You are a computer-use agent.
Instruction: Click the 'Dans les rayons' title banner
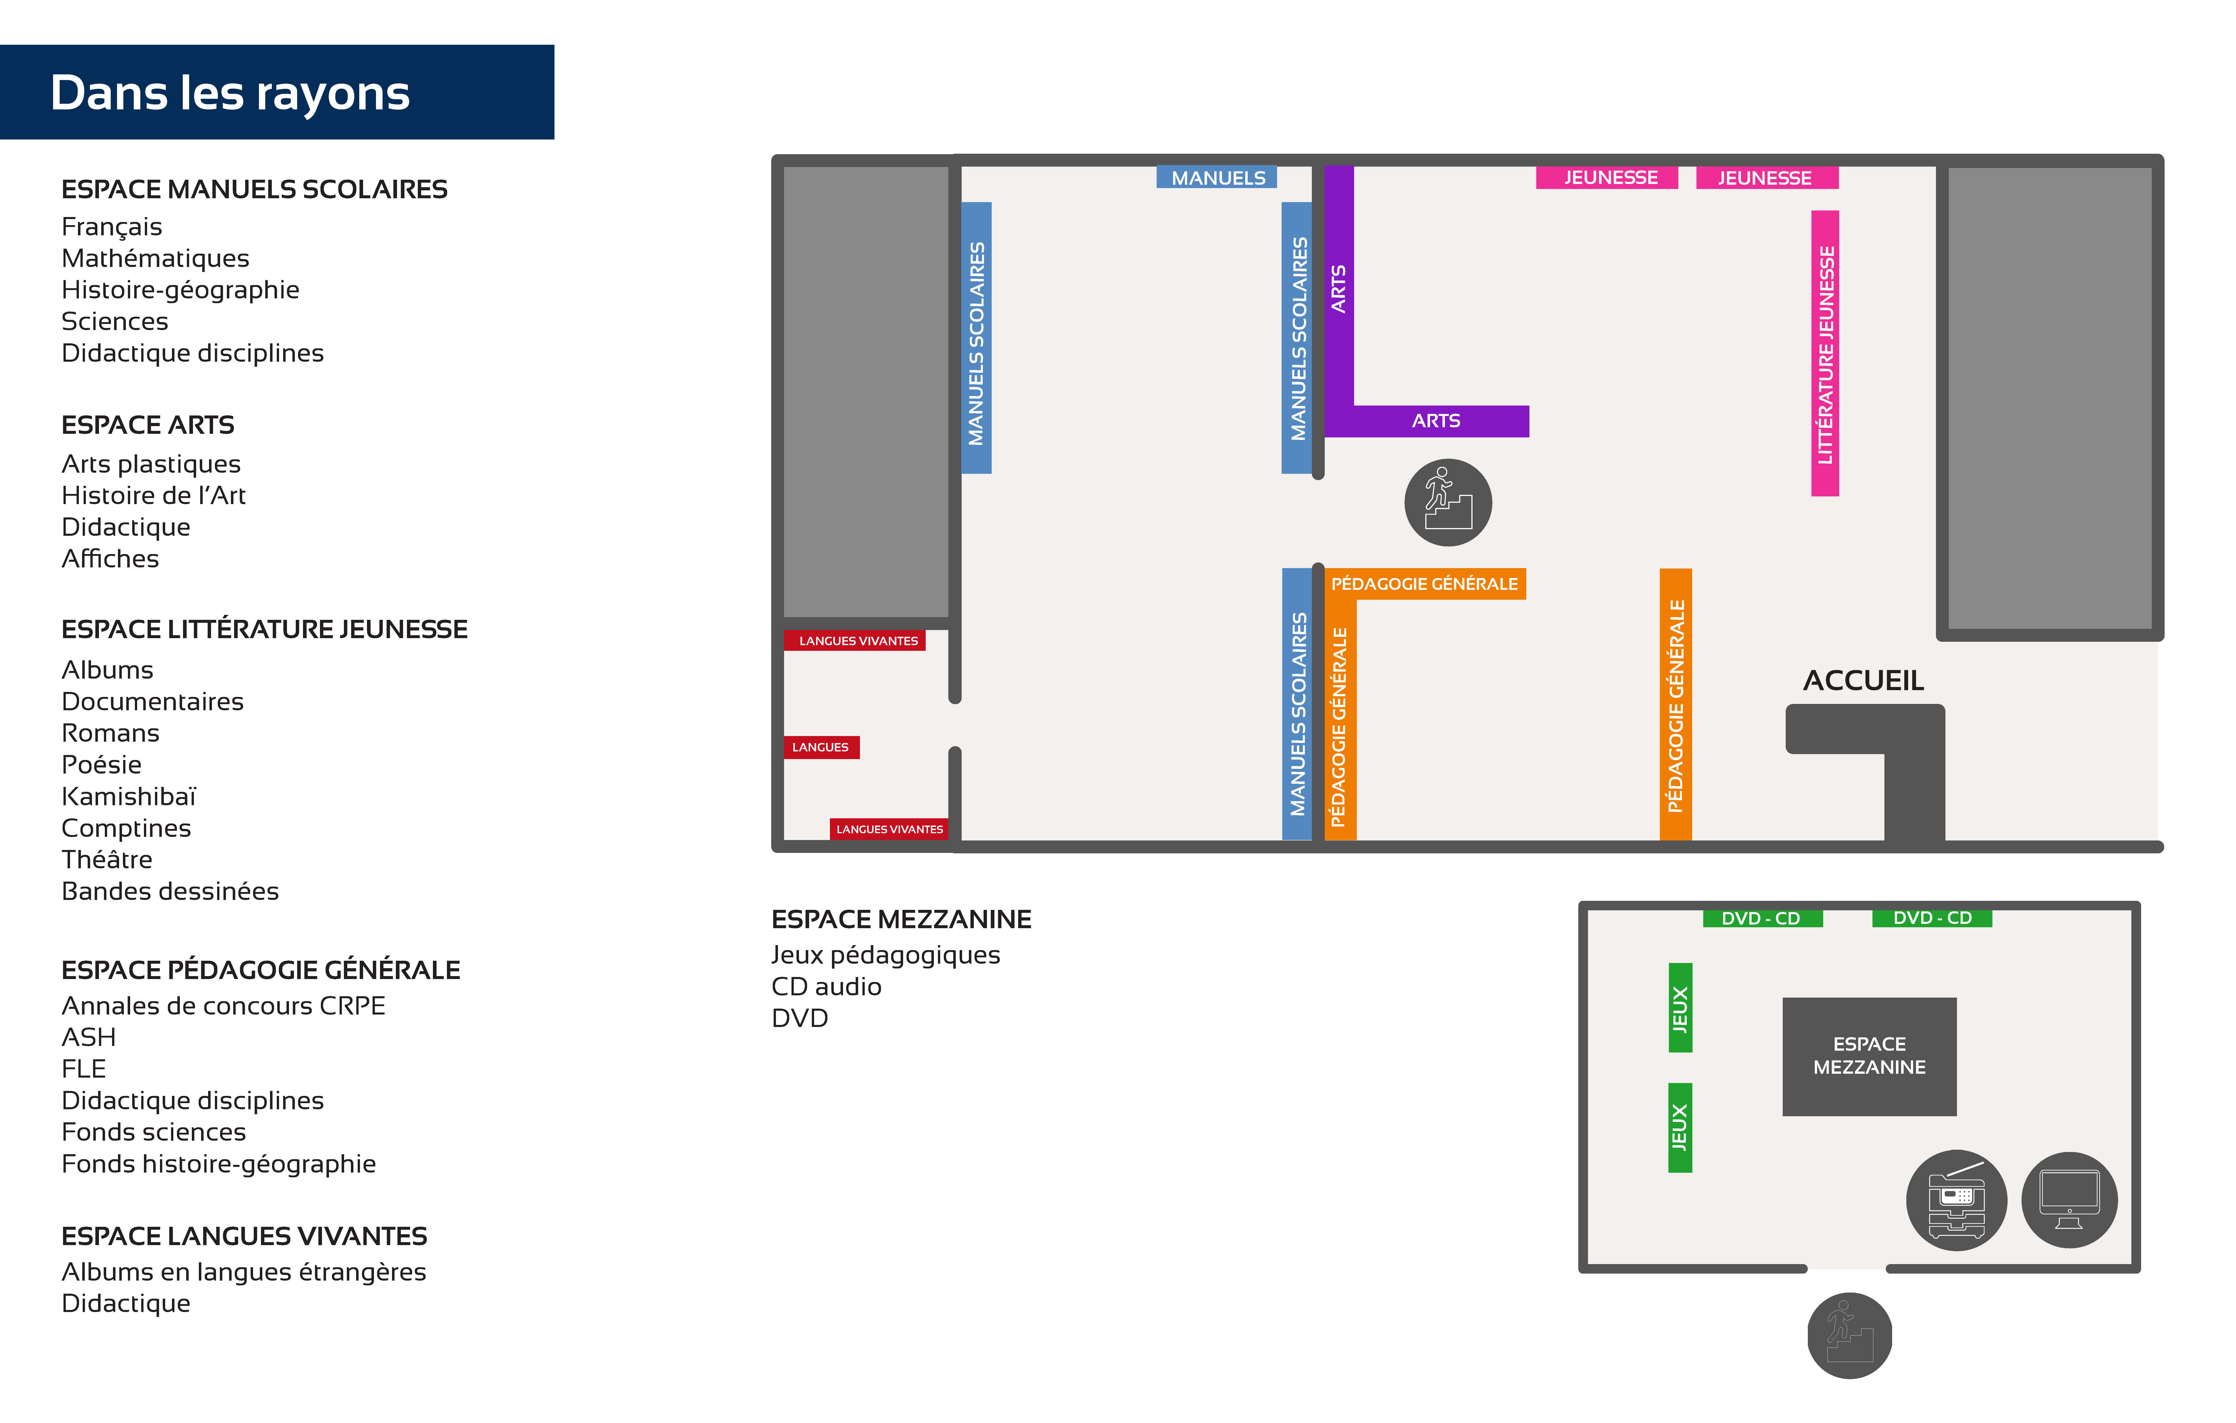tap(277, 92)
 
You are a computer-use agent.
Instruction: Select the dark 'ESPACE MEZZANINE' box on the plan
tap(1869, 1056)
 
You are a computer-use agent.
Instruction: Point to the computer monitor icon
tap(2070, 1200)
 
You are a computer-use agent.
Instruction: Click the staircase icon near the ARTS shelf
tap(1448, 503)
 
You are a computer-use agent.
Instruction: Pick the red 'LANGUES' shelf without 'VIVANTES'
tap(821, 747)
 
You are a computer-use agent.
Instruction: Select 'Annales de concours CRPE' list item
tap(223, 1006)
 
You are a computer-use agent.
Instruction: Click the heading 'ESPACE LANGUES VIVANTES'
tap(244, 1236)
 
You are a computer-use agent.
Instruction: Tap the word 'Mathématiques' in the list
tap(155, 258)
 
